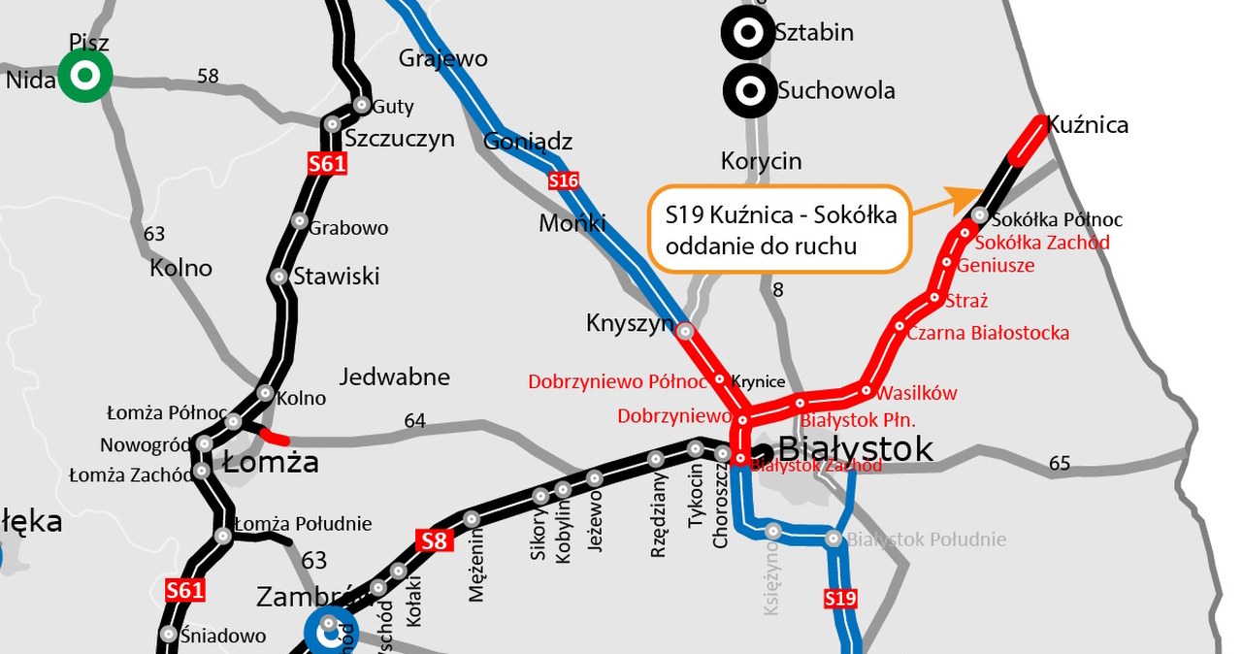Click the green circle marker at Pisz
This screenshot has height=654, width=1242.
coord(85,75)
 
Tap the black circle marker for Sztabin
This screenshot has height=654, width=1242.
coord(748,33)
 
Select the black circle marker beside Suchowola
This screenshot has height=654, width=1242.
coord(749,91)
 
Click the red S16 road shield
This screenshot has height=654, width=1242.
coord(564,180)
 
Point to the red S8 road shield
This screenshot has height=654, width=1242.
coord(435,540)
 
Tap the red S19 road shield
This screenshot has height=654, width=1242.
coord(840,599)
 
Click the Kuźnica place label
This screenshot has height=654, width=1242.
coord(1087,125)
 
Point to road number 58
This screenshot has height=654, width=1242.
coord(208,76)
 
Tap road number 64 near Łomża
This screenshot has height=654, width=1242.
coord(414,420)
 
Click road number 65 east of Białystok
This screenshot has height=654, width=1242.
coord(1060,464)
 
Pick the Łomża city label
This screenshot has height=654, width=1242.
coord(271,462)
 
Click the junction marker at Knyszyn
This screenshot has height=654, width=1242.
coord(685,331)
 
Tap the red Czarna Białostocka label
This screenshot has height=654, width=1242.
coord(988,333)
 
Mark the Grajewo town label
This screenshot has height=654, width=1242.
coord(442,58)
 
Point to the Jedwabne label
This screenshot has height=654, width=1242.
coord(395,376)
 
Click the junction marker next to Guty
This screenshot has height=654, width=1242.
coord(362,105)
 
